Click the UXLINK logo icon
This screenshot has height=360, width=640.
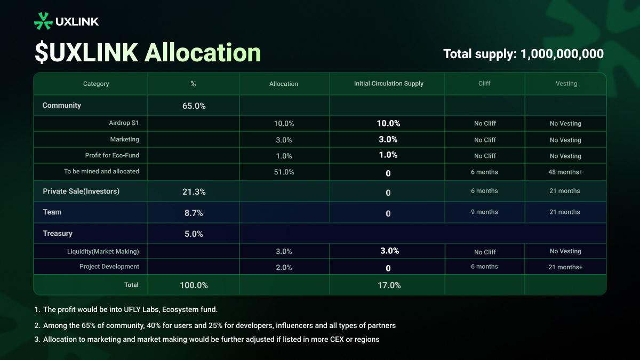(x=43, y=21)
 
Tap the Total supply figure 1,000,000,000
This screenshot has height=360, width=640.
(x=562, y=54)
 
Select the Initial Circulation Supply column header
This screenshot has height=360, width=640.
(x=388, y=84)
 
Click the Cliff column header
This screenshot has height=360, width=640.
(x=484, y=84)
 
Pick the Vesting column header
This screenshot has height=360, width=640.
(x=566, y=84)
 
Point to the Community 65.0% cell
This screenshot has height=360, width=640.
(x=194, y=106)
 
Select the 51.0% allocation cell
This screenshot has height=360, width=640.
(x=284, y=172)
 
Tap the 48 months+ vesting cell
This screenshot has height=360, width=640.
(x=565, y=172)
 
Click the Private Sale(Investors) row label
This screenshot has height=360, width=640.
(x=81, y=191)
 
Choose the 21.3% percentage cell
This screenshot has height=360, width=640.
(x=194, y=191)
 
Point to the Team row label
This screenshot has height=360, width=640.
(x=52, y=212)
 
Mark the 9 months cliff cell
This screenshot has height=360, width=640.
(x=484, y=212)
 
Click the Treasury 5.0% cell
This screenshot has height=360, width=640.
(x=194, y=234)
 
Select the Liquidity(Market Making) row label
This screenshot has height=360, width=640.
(x=103, y=251)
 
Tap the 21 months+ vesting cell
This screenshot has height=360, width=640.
(x=565, y=267)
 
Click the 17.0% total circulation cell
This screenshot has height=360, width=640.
(x=388, y=285)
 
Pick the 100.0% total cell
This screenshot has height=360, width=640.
(x=194, y=285)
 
